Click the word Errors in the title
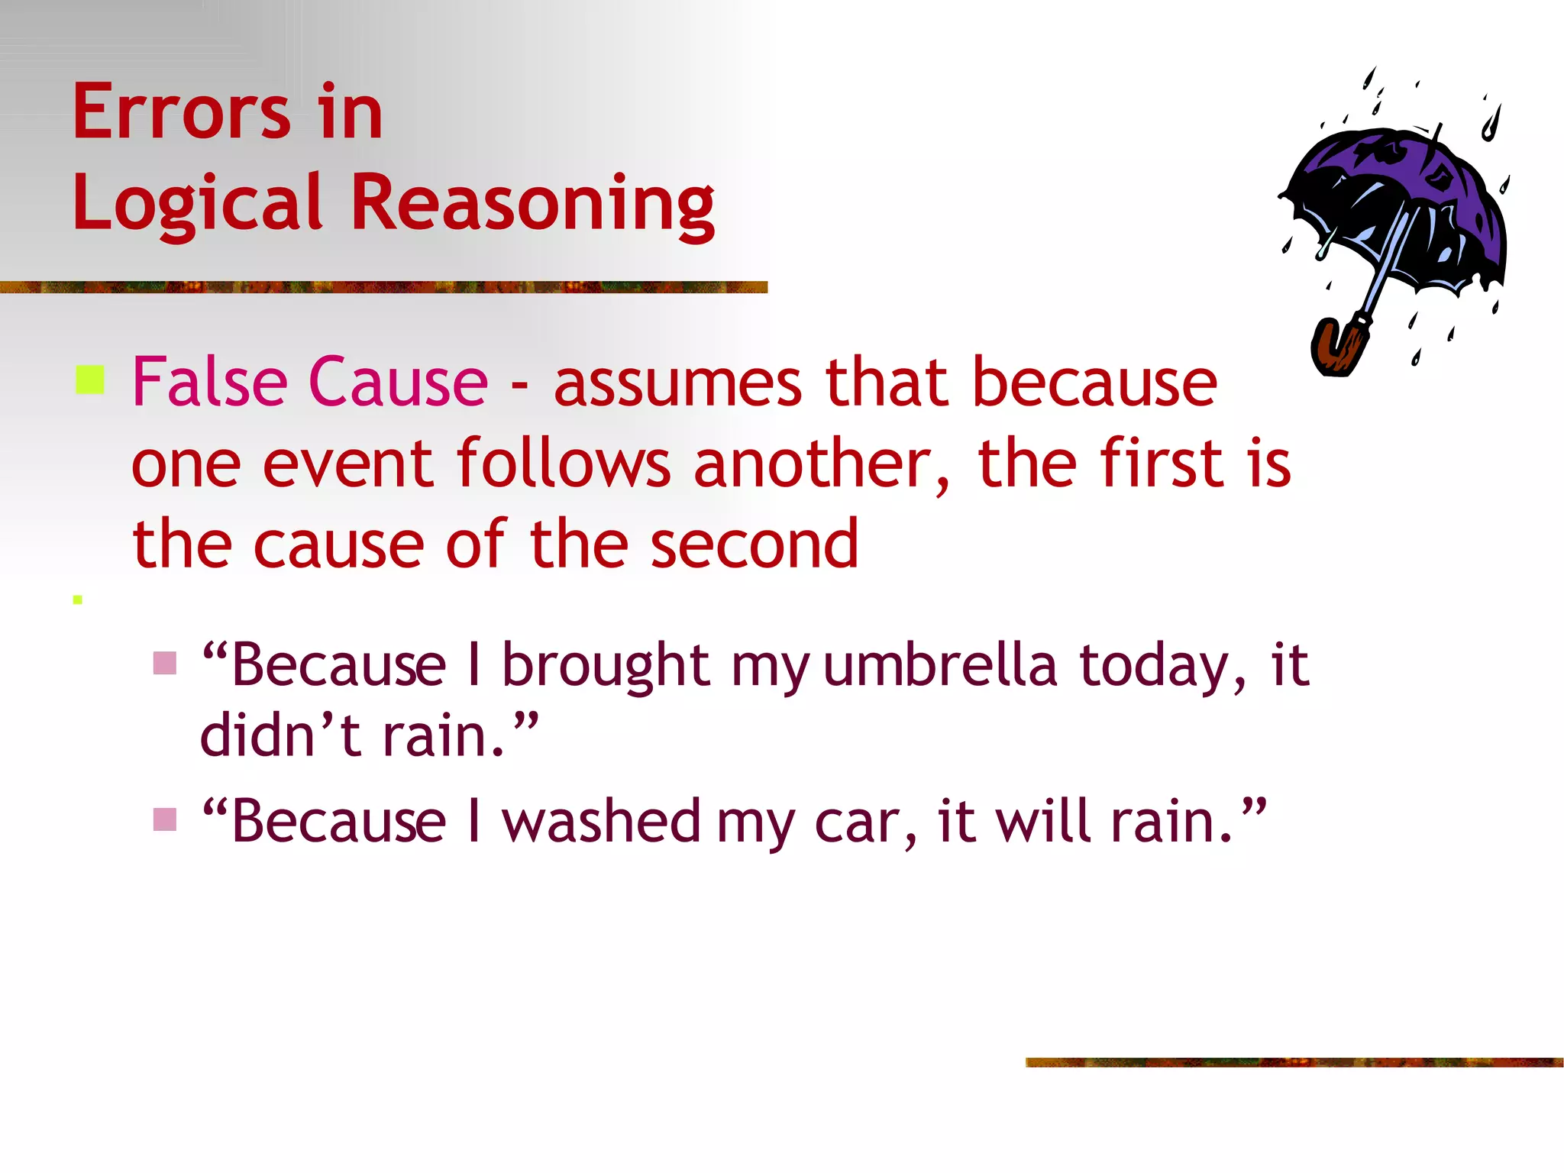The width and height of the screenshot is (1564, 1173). click(182, 112)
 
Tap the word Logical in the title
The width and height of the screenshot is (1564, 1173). click(197, 202)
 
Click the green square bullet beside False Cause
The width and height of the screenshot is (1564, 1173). click(90, 380)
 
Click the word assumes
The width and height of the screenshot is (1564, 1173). click(677, 383)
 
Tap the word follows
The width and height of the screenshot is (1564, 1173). click(564, 464)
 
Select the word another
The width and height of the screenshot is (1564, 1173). click(821, 464)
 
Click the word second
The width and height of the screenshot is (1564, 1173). click(755, 544)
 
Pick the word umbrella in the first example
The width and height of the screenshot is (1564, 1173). click(940, 664)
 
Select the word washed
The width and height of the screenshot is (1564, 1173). click(601, 822)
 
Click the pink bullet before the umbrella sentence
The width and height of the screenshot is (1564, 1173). click(165, 663)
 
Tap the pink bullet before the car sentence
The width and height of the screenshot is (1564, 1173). click(165, 819)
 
